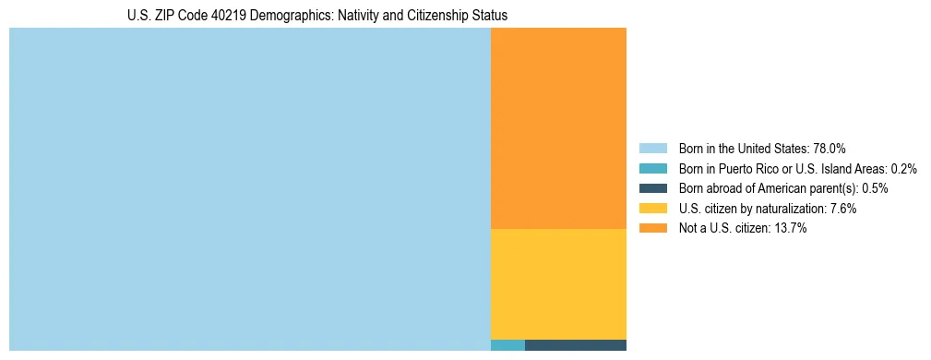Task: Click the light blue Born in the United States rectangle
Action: tap(249, 189)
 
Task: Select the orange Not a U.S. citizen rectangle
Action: tap(558, 128)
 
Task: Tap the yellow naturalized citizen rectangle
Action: tap(558, 284)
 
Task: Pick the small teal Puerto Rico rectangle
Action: tap(507, 345)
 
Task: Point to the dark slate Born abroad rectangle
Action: tap(576, 345)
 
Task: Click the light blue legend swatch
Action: tap(652, 148)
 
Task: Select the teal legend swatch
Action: tap(652, 168)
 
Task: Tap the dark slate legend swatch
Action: tap(652, 188)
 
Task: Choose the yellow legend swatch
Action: tap(652, 209)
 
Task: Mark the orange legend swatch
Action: tap(652, 229)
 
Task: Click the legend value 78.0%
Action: tap(830, 148)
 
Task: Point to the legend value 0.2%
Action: tap(903, 168)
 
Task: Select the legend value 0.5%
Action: tap(875, 188)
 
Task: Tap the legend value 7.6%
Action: tap(841, 209)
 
